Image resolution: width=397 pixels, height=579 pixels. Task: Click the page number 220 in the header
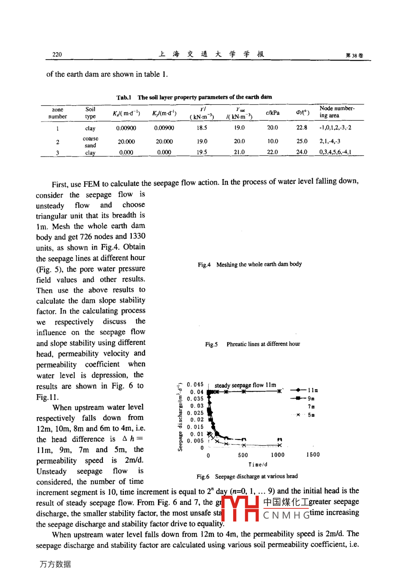pyautogui.click(x=57, y=54)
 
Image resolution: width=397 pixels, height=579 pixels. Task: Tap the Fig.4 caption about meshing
pyautogui.click(x=249, y=264)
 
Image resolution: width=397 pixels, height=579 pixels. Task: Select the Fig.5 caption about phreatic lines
pyautogui.click(x=253, y=344)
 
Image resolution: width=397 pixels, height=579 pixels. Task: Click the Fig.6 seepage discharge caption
pyautogui.click(x=247, y=476)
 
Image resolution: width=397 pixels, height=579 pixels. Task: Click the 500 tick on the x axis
pyautogui.click(x=243, y=455)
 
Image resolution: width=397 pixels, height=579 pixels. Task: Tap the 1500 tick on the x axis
pyautogui.click(x=313, y=455)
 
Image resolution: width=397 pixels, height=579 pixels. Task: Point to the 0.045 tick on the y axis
pyautogui.click(x=195, y=385)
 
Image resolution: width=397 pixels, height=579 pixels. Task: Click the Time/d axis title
pyautogui.click(x=258, y=465)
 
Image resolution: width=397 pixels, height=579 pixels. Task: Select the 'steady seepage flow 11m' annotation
pyautogui.click(x=245, y=385)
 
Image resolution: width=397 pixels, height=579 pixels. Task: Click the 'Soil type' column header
pyautogui.click(x=90, y=113)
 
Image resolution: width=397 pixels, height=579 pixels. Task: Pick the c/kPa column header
pyautogui.click(x=272, y=113)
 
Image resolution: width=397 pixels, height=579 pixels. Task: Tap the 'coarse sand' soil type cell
pyautogui.click(x=90, y=142)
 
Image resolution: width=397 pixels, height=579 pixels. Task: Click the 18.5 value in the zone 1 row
pyautogui.click(x=202, y=128)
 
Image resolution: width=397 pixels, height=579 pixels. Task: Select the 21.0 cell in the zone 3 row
pyautogui.click(x=239, y=152)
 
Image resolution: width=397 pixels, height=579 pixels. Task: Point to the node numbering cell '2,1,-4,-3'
pyautogui.click(x=329, y=141)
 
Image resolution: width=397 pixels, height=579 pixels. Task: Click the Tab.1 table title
pyautogui.click(x=194, y=97)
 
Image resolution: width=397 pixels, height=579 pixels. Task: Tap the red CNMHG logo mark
pyautogui.click(x=240, y=509)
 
